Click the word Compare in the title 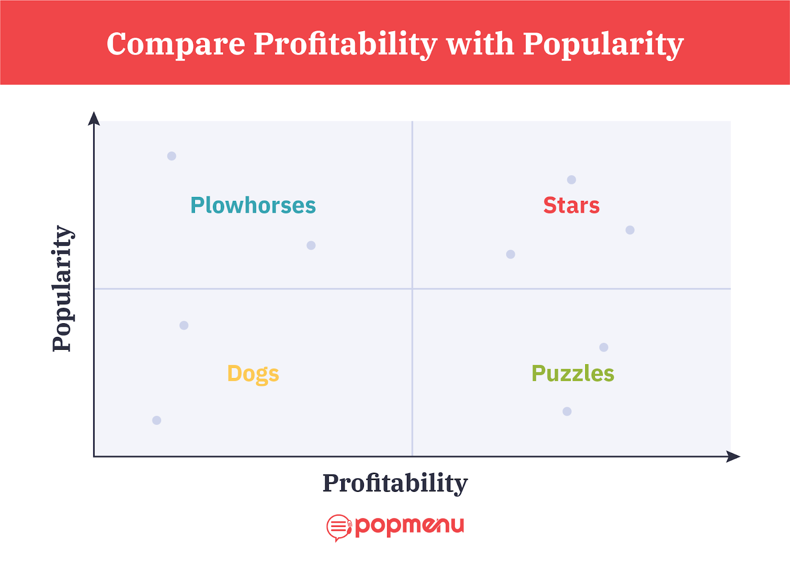(x=176, y=44)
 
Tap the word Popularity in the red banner (x=603, y=45)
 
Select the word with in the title (x=480, y=43)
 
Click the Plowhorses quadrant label (x=253, y=205)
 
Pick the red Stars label (x=571, y=205)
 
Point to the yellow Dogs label (x=253, y=374)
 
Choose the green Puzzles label (x=573, y=374)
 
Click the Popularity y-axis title (x=63, y=289)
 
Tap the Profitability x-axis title (x=395, y=484)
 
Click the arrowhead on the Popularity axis (x=94, y=118)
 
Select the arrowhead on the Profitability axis (x=733, y=457)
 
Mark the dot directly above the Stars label (x=571, y=180)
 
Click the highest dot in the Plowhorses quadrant (x=171, y=156)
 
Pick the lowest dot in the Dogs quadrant (x=157, y=420)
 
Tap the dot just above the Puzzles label (x=604, y=347)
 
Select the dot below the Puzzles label (x=567, y=411)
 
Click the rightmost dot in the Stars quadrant (x=630, y=230)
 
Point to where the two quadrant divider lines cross (x=412, y=289)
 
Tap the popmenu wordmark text (x=409, y=526)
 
